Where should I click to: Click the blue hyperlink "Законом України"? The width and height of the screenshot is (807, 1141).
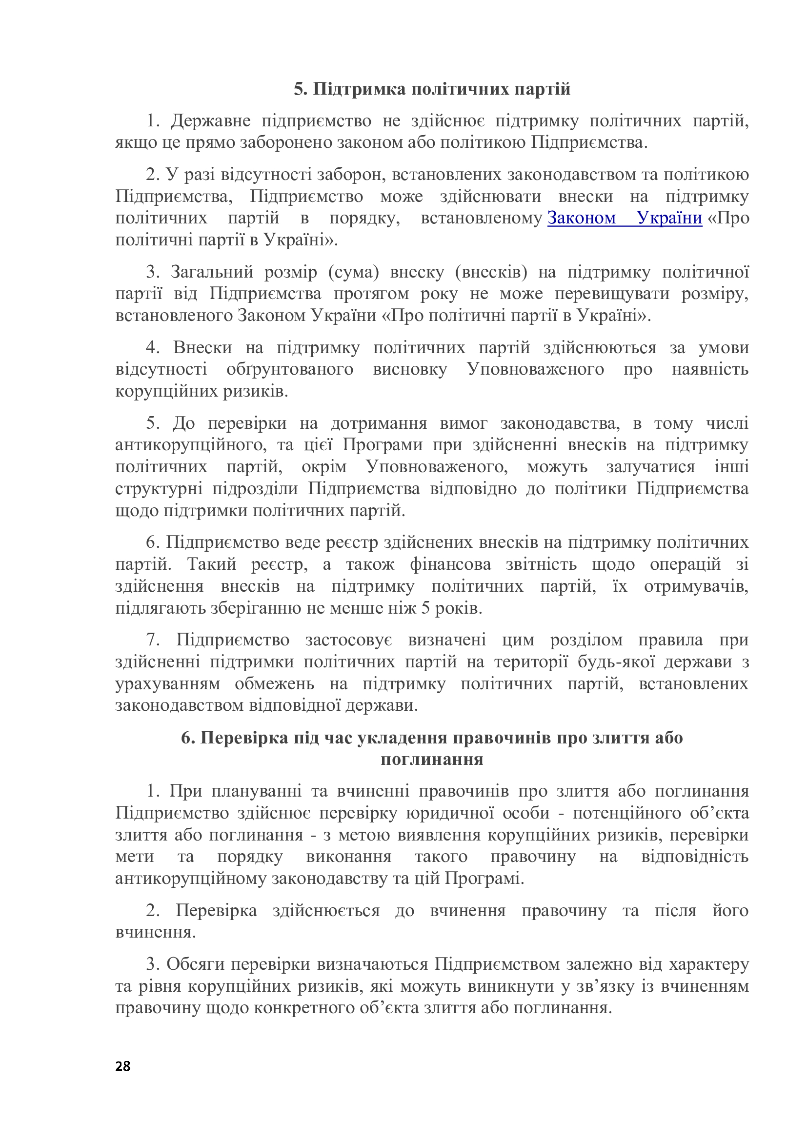tap(625, 218)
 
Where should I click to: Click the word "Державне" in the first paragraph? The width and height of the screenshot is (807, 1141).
tap(211, 121)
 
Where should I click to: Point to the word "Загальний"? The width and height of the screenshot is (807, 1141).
tap(212, 272)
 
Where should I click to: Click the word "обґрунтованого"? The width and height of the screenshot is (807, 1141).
tap(290, 369)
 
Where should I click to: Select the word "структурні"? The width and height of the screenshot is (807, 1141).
tap(159, 488)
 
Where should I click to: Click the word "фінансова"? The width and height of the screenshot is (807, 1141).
tap(450, 564)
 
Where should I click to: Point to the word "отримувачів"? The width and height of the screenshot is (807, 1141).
tap(696, 586)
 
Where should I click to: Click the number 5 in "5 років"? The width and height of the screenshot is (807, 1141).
tap(425, 608)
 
